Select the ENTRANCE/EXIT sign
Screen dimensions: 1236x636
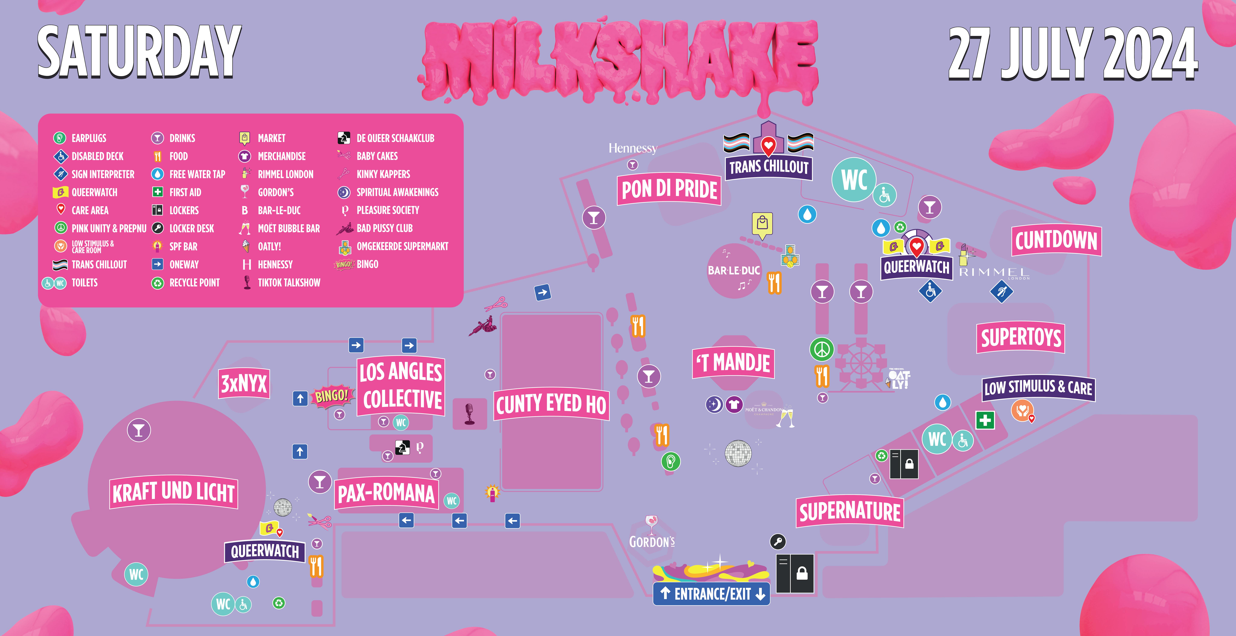(712, 594)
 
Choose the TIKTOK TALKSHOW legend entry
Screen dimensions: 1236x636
(282, 282)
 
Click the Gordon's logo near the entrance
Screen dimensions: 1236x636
(652, 532)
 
